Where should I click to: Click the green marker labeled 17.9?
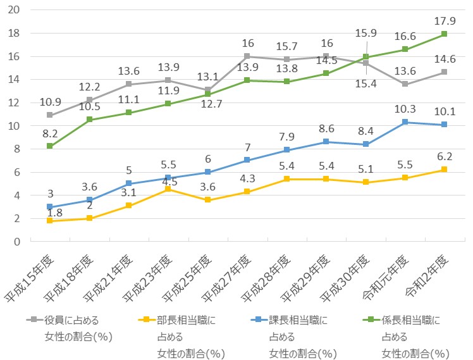[444, 34]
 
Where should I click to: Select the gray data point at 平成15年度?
[49, 115]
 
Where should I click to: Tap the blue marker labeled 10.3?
[405, 122]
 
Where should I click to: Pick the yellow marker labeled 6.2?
[444, 170]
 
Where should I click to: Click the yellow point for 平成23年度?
[168, 189]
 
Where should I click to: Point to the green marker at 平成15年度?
[49, 146]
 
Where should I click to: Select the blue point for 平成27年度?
[247, 160]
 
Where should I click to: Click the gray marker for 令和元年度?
[405, 84]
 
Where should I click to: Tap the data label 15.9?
[367, 32]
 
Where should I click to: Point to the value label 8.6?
[326, 128]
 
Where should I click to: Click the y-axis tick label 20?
[15, 10]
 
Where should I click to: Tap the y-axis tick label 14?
[15, 80]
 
